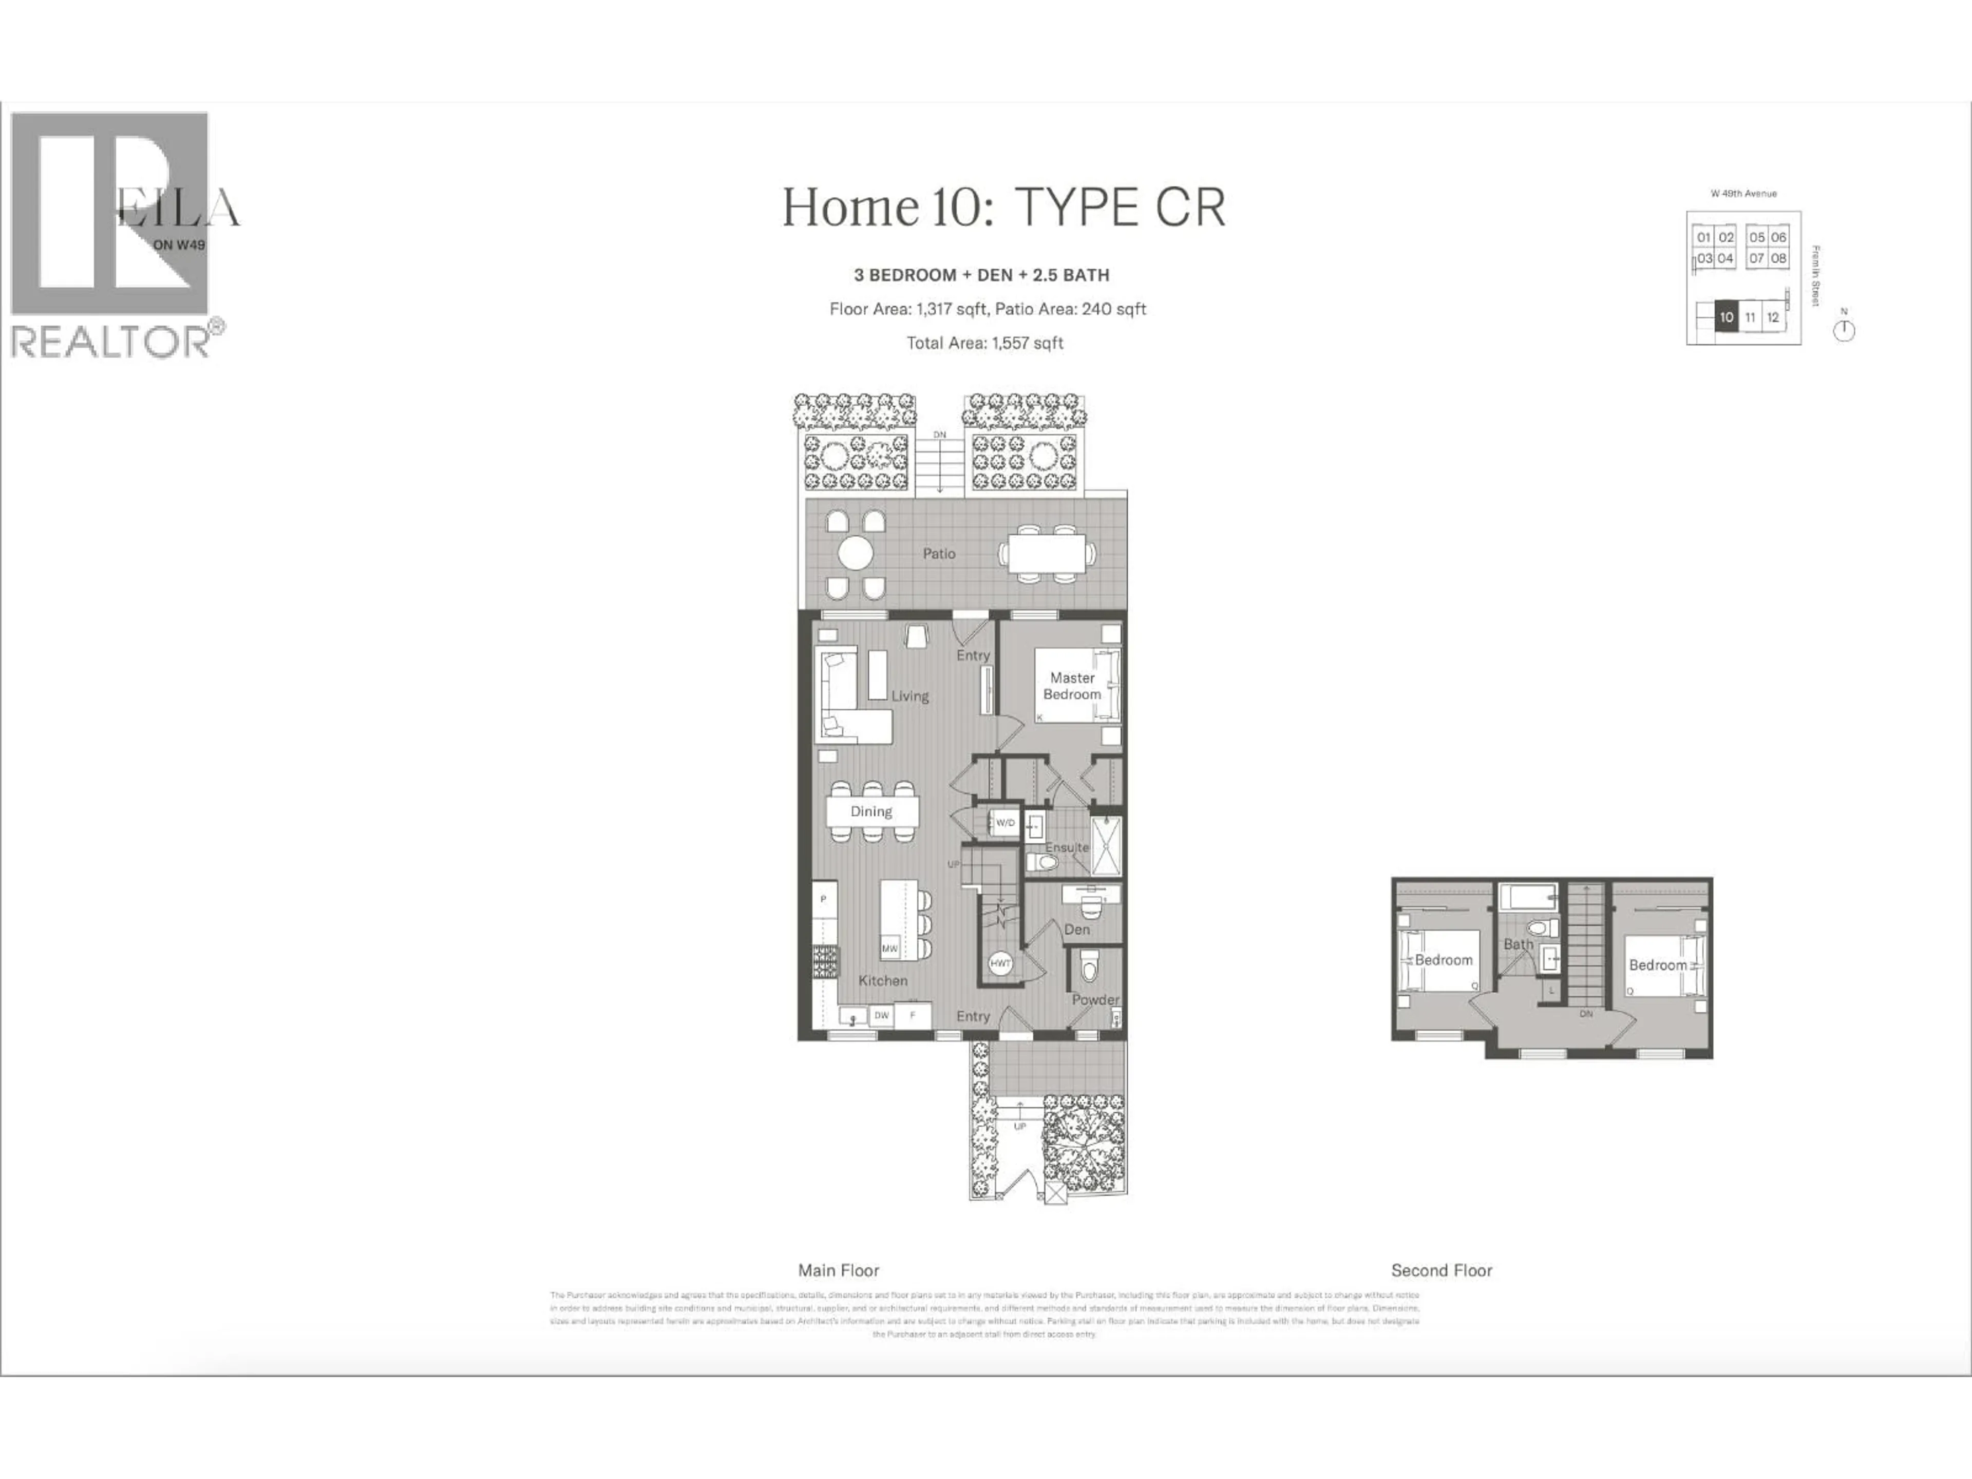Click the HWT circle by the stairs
coord(1000,963)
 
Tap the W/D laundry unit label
coord(1004,822)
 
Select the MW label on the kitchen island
coord(889,949)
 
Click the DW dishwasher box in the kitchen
coord(881,1015)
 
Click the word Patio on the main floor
coord(939,554)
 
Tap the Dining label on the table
coord(871,811)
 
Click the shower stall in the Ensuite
coord(1106,845)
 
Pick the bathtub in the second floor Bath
coord(1527,897)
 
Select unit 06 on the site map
coord(1778,237)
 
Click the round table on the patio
coord(855,553)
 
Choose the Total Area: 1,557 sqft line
coord(984,343)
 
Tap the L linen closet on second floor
coord(1551,991)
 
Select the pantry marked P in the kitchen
coord(823,899)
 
